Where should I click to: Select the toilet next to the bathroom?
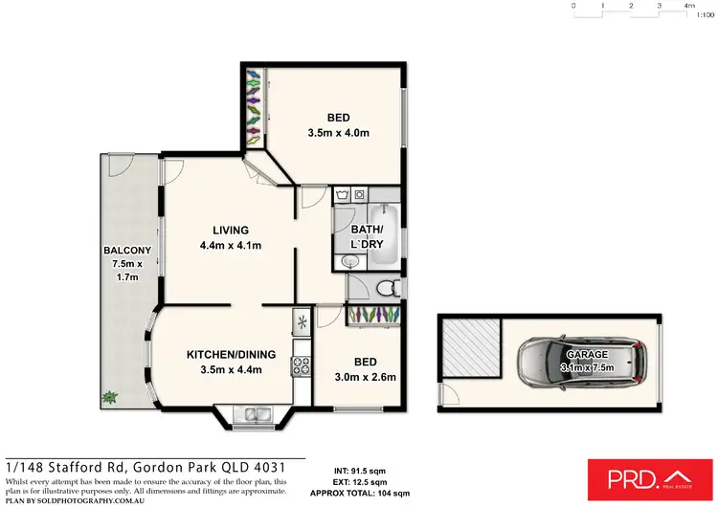[384, 286]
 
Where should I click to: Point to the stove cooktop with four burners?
[302, 364]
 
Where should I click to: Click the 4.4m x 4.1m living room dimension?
[231, 246]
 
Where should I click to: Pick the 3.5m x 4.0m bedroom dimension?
[338, 133]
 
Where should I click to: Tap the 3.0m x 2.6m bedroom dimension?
[364, 377]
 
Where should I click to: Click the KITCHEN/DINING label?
[231, 354]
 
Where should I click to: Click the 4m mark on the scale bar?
[689, 6]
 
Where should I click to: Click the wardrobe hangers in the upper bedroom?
[253, 105]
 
